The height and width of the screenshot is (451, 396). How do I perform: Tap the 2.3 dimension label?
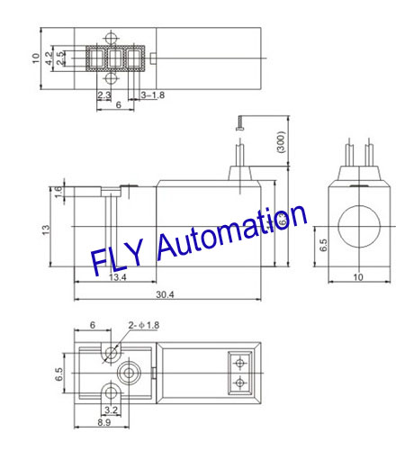(x=103, y=95)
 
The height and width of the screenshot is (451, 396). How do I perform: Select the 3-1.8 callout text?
(x=152, y=95)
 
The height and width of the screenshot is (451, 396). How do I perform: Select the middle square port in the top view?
(x=113, y=59)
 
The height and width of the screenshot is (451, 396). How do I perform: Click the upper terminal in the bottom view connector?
(x=239, y=364)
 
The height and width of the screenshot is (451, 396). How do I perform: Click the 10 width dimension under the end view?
(x=358, y=277)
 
